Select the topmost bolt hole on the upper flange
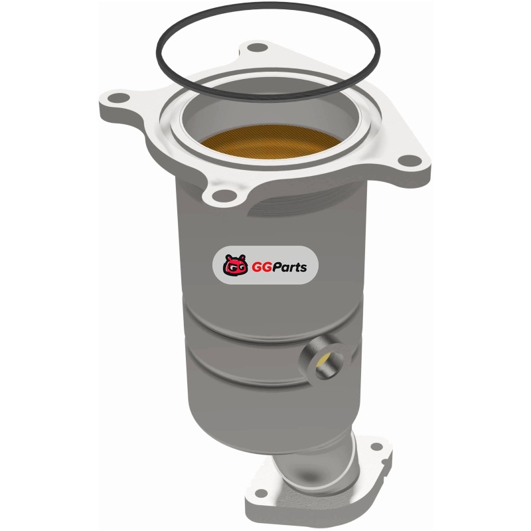click(x=256, y=48)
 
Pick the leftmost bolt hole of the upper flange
click(x=119, y=98)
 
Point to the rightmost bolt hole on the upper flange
click(x=409, y=160)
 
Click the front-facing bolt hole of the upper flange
click(x=224, y=195)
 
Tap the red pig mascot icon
click(x=236, y=265)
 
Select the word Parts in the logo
click(x=290, y=267)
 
